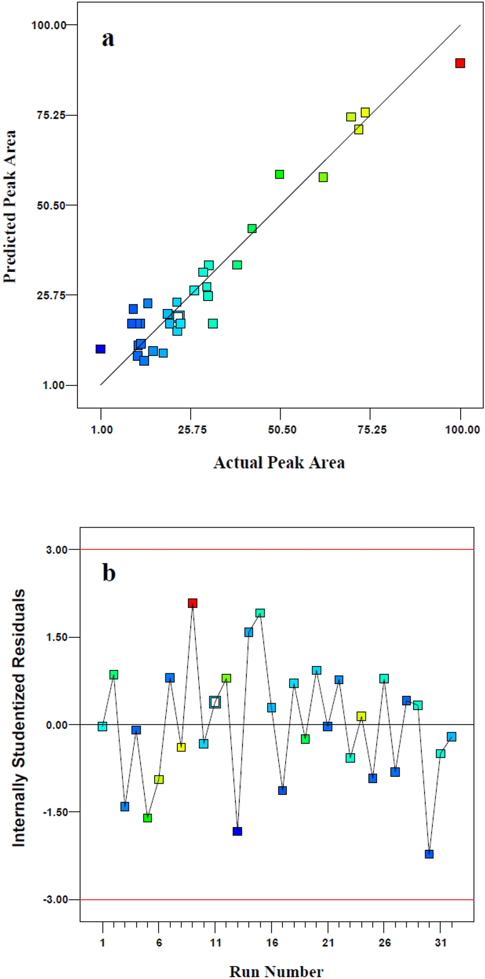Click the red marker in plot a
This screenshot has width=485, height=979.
(460, 63)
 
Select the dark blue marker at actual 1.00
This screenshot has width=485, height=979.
(101, 349)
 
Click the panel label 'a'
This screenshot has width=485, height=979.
(108, 39)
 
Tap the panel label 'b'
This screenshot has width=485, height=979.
(108, 573)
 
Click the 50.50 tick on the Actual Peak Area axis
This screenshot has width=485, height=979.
(281, 430)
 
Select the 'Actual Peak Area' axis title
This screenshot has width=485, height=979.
(279, 463)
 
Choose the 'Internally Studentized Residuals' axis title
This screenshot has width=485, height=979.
(19, 717)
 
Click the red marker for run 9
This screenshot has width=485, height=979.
(193, 603)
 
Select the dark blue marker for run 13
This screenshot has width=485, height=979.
(237, 831)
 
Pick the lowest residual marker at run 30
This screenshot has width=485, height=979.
(429, 854)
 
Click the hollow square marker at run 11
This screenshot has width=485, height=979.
(215, 702)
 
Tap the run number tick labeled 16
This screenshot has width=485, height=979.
(272, 943)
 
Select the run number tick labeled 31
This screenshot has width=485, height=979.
(440, 943)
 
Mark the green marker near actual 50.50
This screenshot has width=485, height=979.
(279, 174)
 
